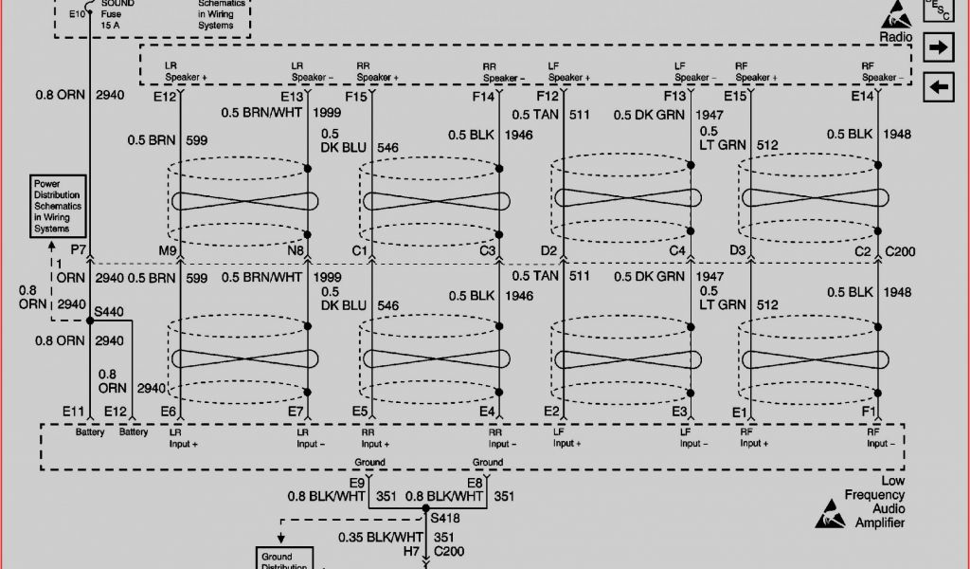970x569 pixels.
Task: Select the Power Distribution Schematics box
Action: point(59,205)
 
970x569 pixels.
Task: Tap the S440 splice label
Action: point(108,310)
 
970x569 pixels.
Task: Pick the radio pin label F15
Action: point(356,97)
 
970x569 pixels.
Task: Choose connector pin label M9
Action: point(168,251)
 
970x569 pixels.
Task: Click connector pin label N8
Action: point(296,251)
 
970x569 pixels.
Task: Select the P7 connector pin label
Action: point(79,251)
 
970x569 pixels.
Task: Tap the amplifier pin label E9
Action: point(357,481)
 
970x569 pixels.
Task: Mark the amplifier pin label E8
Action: point(475,481)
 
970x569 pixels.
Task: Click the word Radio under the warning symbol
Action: point(895,37)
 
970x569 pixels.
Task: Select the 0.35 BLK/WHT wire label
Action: point(380,537)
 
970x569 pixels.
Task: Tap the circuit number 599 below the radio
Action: point(197,140)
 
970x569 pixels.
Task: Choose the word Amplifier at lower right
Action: point(880,523)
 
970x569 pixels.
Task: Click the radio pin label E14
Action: point(862,97)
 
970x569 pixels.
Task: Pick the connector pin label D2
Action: point(549,251)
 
